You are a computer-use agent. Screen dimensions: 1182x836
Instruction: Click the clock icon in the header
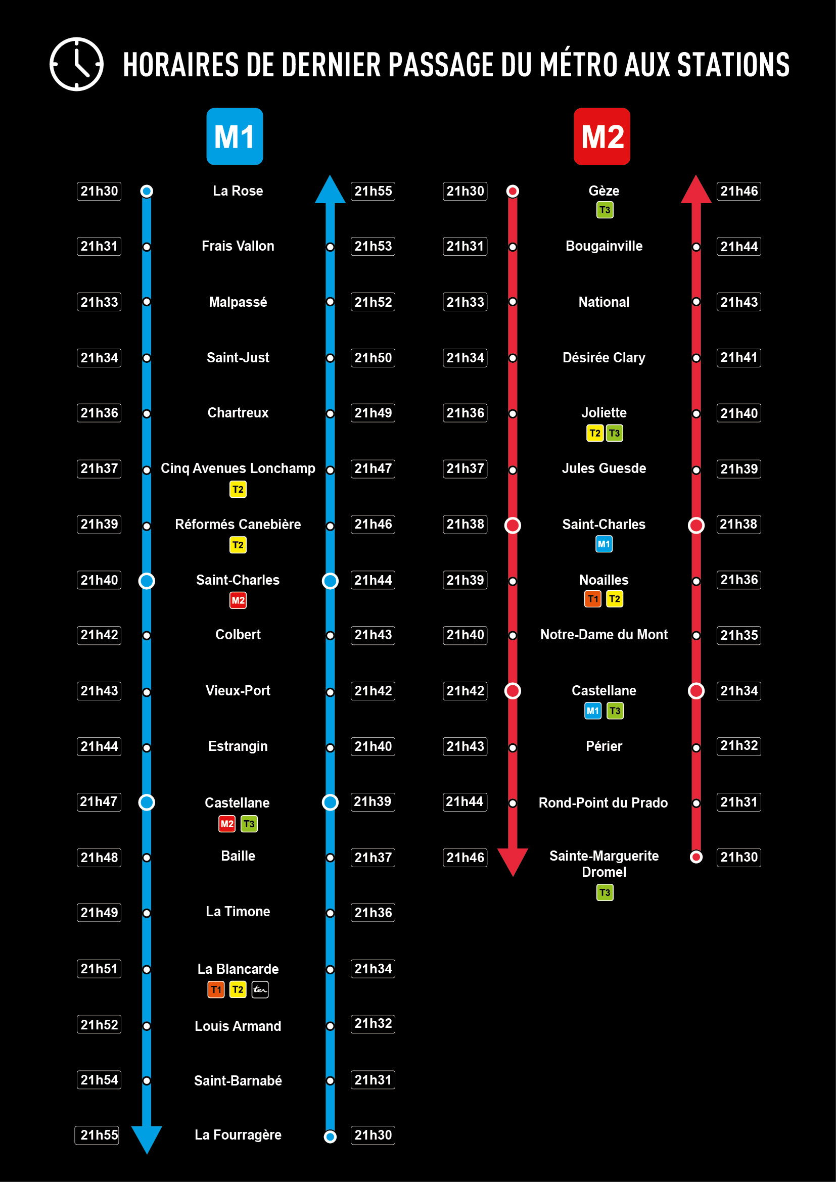[76, 64]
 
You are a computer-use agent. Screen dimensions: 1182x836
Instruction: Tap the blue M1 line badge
[235, 136]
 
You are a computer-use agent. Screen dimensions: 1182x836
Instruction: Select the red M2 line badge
[602, 136]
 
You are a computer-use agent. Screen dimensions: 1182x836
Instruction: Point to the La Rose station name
[238, 191]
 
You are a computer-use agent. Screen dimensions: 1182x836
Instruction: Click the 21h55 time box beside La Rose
[373, 191]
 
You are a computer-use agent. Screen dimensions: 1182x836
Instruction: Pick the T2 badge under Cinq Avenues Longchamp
[238, 489]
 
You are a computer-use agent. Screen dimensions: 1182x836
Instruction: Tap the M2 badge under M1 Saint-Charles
[238, 600]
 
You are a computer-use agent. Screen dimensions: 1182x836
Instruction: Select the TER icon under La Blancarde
[260, 989]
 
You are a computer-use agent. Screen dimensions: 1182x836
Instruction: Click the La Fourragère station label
[238, 1134]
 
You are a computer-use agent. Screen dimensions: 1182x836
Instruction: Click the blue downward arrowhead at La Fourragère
[147, 1138]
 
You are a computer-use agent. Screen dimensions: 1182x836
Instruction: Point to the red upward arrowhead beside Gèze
[696, 190]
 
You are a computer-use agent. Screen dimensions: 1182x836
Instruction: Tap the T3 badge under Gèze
[605, 210]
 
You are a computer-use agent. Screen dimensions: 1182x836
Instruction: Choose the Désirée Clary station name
[604, 357]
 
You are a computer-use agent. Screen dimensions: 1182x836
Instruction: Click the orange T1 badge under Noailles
[592, 599]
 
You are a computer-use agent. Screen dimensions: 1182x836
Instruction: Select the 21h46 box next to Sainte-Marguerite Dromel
[465, 857]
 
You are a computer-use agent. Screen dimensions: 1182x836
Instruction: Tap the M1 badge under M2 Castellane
[592, 711]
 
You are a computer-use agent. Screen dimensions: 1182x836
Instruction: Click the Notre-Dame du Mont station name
[604, 635]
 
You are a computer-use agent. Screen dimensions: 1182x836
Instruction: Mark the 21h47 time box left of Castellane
[99, 801]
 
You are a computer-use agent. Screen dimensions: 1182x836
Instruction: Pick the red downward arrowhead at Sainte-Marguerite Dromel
[513, 861]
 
